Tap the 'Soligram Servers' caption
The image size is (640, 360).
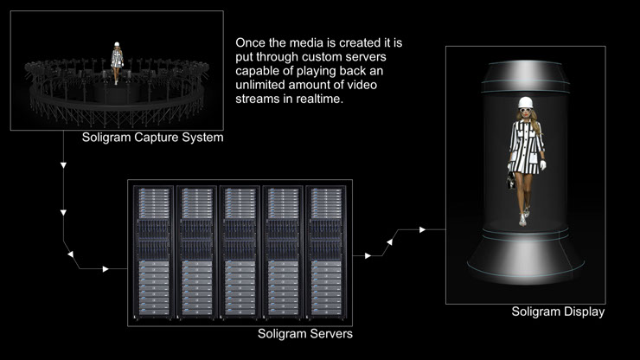pyautogui.click(x=305, y=333)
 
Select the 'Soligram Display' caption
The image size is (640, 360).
pyautogui.click(x=558, y=312)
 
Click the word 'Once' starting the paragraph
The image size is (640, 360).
pyautogui.click(x=252, y=41)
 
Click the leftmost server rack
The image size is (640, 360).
pyautogui.click(x=153, y=252)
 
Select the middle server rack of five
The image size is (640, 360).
pyautogui.click(x=240, y=252)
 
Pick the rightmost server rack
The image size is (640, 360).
pyautogui.click(x=326, y=252)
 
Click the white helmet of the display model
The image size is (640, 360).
pyautogui.click(x=525, y=103)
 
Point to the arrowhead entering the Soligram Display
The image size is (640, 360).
pyautogui.click(x=422, y=229)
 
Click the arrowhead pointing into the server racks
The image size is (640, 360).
pyautogui.click(x=106, y=268)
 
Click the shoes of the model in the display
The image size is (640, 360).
pyautogui.click(x=523, y=219)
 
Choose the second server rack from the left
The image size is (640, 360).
pyautogui.click(x=196, y=252)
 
